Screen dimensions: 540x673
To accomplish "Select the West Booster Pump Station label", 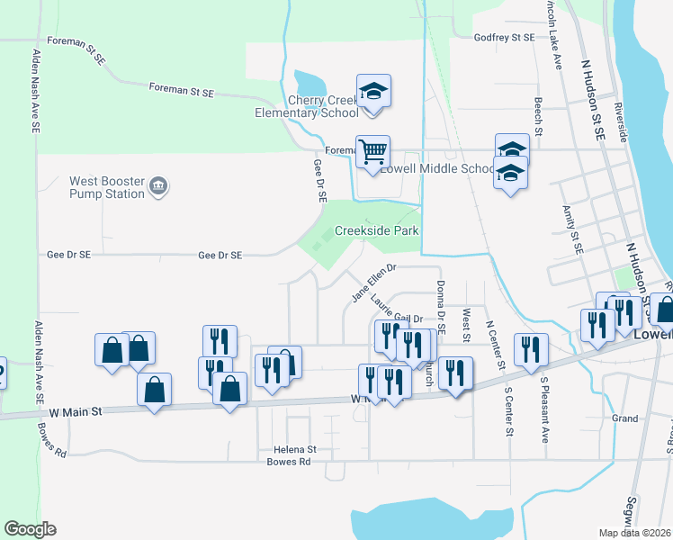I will (x=107, y=187).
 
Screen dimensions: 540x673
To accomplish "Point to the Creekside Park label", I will (x=377, y=230).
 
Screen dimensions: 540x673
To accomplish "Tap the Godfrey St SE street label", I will (x=504, y=37).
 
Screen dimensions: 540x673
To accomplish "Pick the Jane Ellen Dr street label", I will (x=373, y=282).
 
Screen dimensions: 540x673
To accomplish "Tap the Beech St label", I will (x=538, y=116).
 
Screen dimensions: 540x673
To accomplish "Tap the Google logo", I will (x=30, y=529).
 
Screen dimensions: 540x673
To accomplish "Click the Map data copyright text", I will (x=633, y=533).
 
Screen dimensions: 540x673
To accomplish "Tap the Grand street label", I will (x=624, y=418).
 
